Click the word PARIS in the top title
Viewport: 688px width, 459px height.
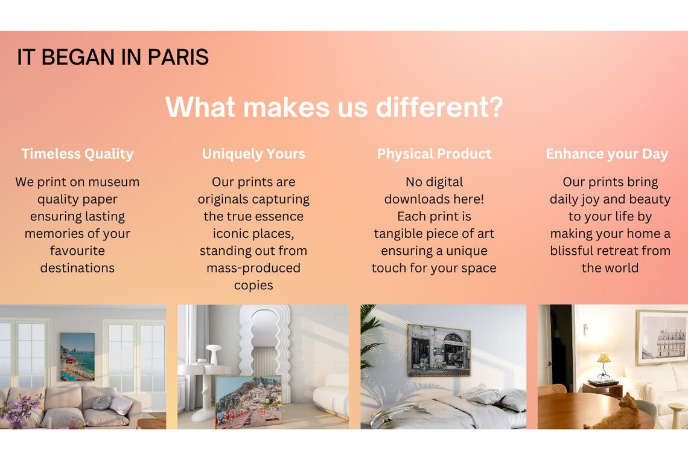(177, 57)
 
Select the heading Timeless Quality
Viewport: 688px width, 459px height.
(78, 154)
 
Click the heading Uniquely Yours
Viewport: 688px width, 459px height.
(253, 154)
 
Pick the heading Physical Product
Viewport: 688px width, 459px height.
(434, 154)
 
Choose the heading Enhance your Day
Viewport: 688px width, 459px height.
(607, 154)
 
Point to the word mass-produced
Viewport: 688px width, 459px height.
(253, 268)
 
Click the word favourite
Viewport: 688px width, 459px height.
(77, 251)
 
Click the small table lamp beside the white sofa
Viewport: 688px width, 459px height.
(604, 365)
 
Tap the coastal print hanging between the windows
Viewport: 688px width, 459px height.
(77, 357)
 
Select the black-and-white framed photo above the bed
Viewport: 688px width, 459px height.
(439, 350)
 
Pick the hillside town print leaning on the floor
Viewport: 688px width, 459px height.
(249, 402)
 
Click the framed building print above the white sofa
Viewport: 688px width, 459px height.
(661, 337)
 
